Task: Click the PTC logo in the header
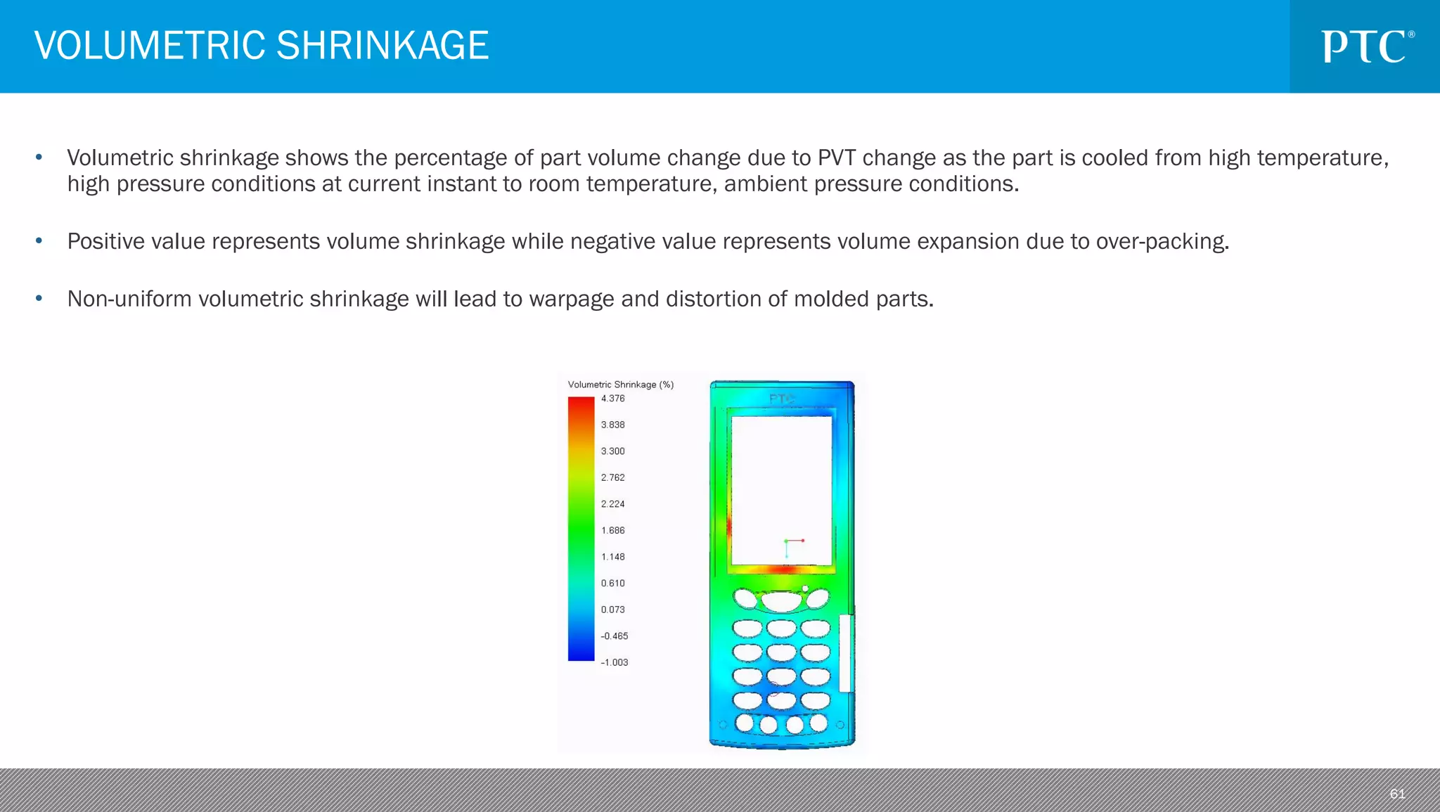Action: (1367, 47)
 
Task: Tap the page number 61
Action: (1397, 794)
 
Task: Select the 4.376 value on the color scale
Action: (612, 399)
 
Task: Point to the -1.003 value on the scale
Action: (614, 662)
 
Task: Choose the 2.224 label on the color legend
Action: (612, 504)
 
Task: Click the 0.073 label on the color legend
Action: (612, 610)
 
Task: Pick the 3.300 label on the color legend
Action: (612, 451)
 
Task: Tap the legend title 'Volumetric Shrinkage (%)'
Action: (620, 385)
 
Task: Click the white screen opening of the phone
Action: (781, 489)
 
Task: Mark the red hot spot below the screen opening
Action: (783, 569)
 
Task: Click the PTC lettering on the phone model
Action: (781, 399)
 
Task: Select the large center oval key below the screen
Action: (781, 602)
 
